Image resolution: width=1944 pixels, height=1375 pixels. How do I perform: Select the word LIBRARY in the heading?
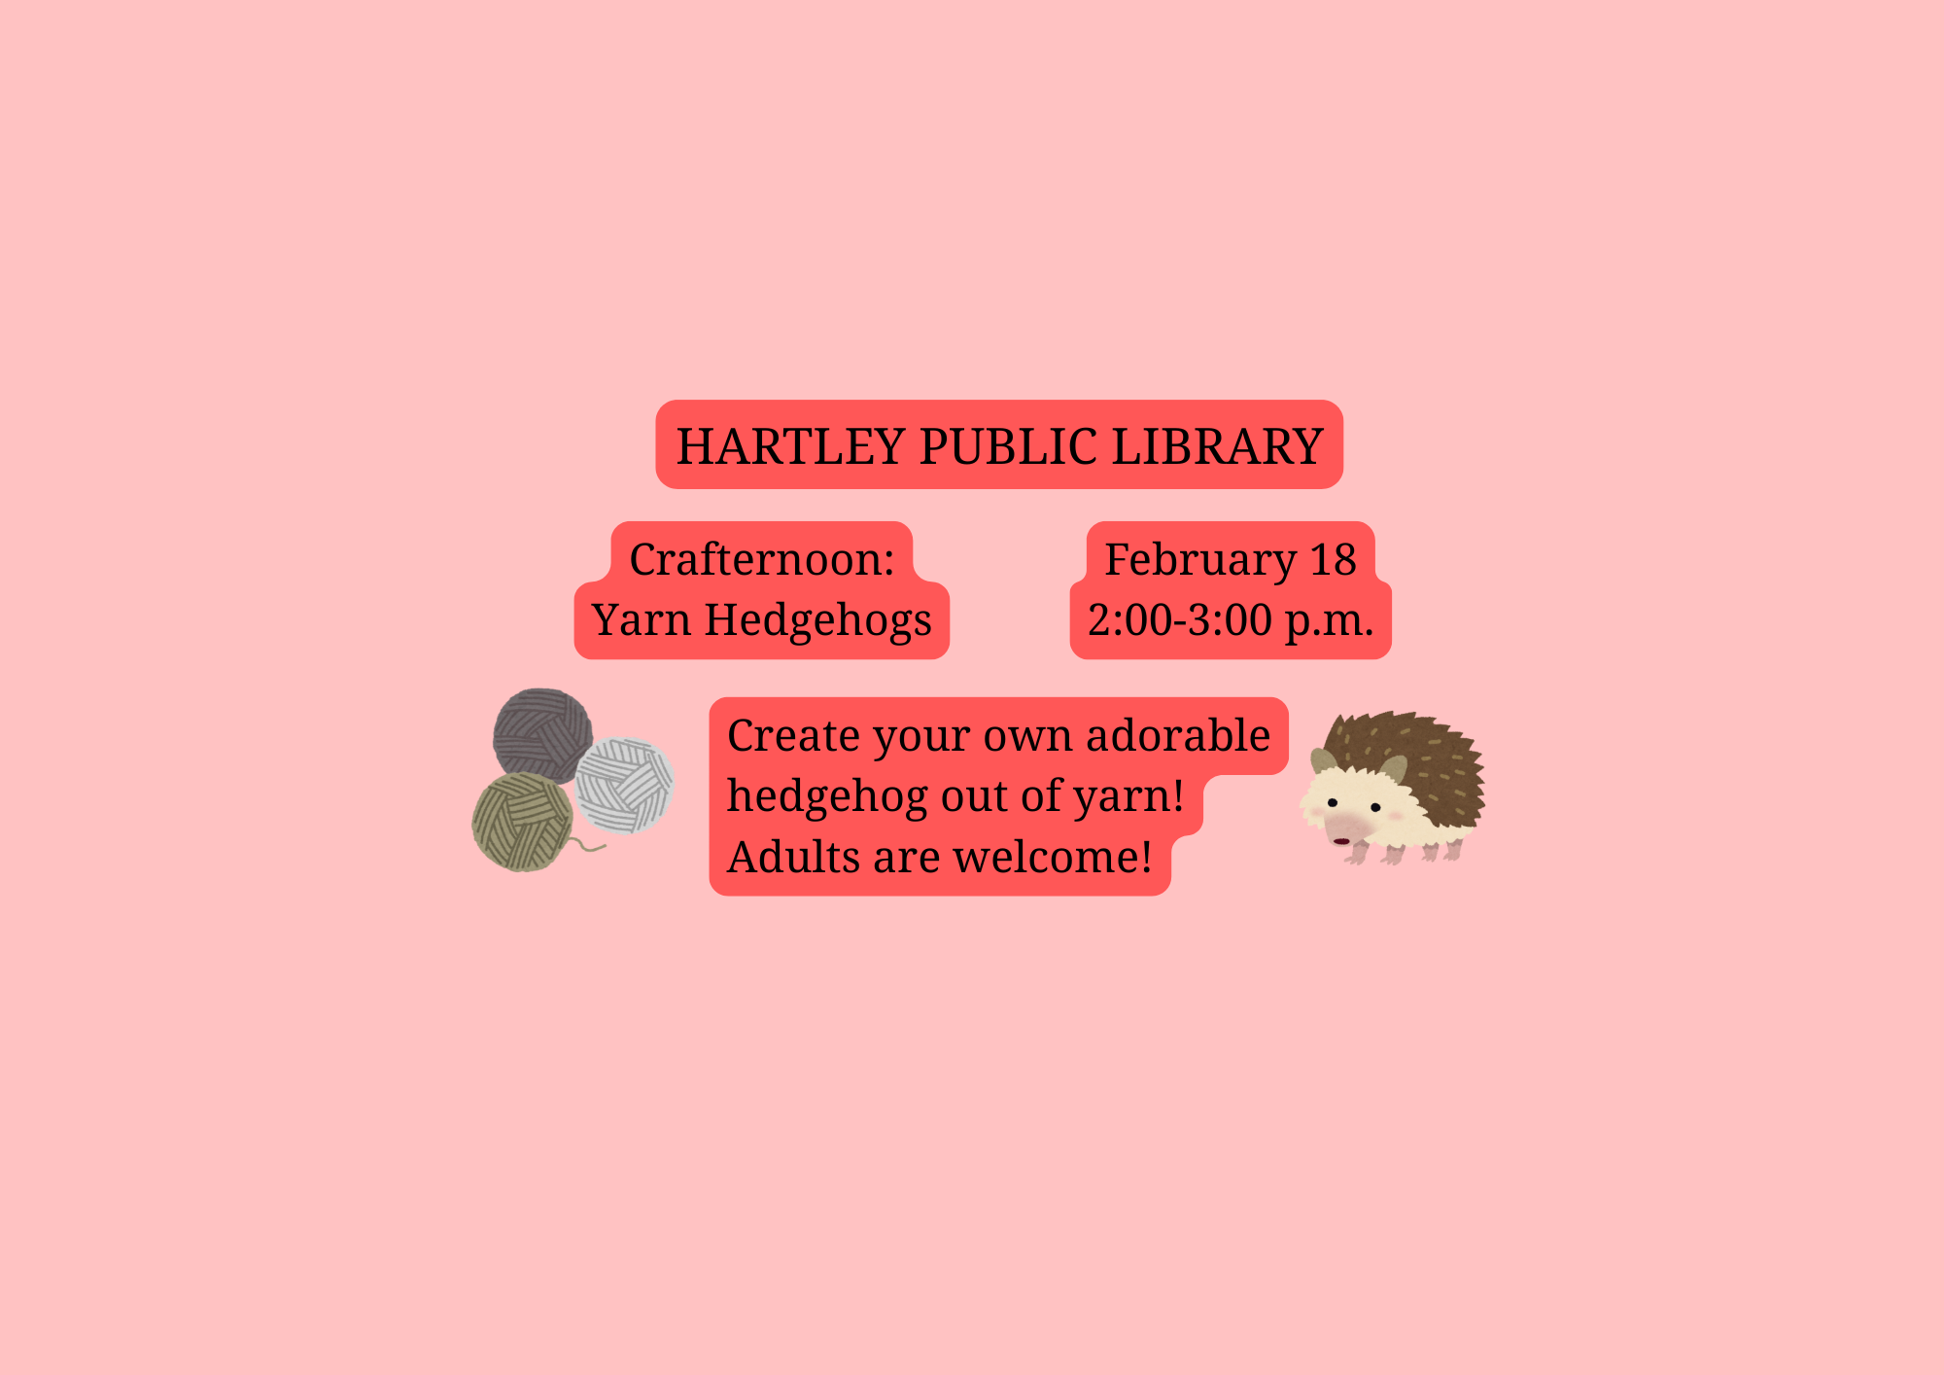click(1218, 446)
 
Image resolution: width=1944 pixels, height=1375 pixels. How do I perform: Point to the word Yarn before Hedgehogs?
click(641, 619)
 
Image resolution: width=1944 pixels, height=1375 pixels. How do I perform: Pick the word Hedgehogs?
click(818, 621)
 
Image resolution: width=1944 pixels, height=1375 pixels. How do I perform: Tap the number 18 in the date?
click(1333, 560)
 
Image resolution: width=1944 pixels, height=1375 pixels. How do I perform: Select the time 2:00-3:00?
click(1180, 620)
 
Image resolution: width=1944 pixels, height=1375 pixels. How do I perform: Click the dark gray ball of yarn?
click(542, 734)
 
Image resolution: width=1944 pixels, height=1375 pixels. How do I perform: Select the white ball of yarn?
click(625, 785)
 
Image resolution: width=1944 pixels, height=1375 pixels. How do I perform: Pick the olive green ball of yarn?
click(523, 823)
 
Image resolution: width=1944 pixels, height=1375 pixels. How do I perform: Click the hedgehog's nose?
click(1341, 841)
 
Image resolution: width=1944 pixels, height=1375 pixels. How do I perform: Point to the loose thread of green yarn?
click(588, 845)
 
